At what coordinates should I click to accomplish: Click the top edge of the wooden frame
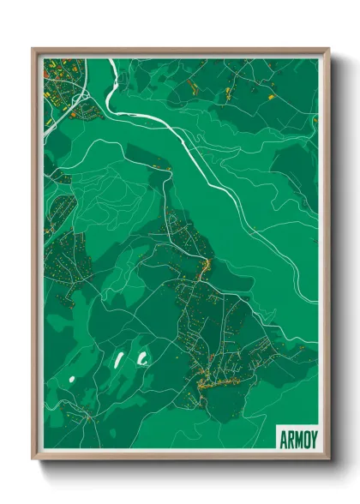tap(180, 50)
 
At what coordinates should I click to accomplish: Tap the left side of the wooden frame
tap(34, 257)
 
